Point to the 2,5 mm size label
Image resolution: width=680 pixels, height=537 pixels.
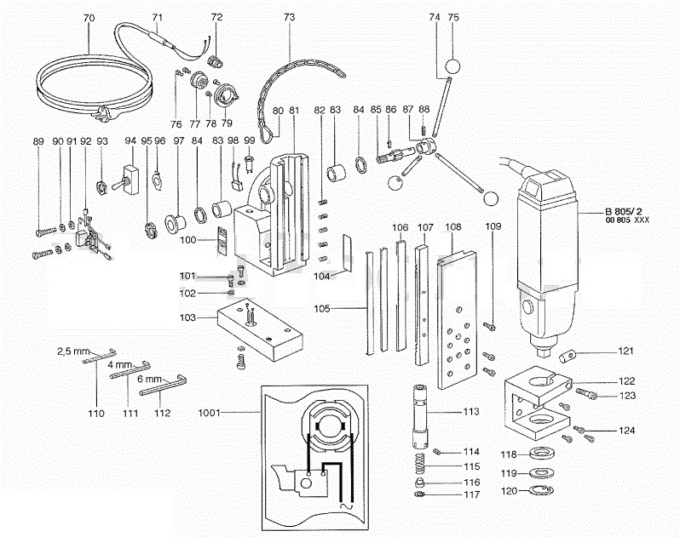point(73,351)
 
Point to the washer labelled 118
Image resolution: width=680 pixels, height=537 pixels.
point(537,453)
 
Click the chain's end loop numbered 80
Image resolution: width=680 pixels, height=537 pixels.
point(269,129)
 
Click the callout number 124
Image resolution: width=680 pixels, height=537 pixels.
point(626,431)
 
